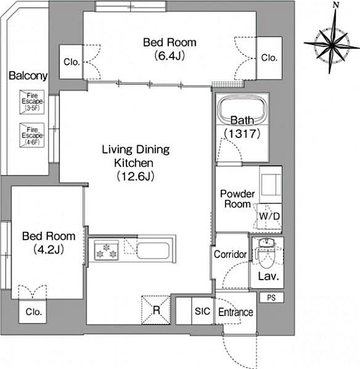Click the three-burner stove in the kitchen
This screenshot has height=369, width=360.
[106, 250]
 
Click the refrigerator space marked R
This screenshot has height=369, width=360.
[156, 310]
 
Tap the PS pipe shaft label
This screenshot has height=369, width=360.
[271, 298]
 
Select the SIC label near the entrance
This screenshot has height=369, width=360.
[202, 311]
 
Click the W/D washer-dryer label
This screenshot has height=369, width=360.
[269, 216]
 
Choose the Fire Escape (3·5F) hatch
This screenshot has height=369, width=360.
[32, 102]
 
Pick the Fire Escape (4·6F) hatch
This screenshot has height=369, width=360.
[32, 135]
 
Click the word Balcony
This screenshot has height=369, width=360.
[28, 76]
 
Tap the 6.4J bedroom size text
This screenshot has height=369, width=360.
[170, 56]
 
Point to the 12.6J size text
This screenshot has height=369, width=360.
[135, 176]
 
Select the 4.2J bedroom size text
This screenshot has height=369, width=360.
[49, 249]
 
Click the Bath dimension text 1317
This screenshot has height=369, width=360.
[242, 133]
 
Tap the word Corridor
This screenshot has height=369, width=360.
[230, 254]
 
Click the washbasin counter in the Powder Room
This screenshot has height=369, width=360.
[271, 185]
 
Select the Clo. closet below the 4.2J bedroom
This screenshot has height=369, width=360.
[32, 311]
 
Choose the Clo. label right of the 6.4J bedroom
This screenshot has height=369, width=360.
[269, 58]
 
